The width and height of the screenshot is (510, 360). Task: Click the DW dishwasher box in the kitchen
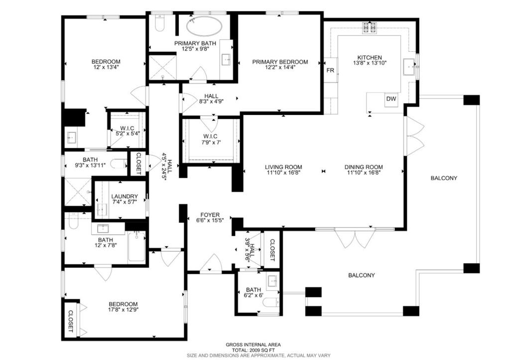391,99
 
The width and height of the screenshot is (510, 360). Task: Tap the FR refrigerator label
330,71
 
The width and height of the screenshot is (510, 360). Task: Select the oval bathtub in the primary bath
205,26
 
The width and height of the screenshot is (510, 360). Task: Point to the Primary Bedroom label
280,62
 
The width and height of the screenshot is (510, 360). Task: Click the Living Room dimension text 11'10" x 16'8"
283,173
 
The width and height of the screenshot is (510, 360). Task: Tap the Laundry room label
121,197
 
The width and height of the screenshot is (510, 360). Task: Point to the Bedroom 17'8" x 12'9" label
123,304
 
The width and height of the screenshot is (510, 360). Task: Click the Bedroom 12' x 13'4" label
106,62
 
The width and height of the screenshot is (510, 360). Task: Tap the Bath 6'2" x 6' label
253,290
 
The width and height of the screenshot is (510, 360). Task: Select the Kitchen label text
370,58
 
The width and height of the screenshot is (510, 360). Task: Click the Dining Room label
364,167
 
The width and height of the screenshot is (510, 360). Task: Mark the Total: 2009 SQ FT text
253,350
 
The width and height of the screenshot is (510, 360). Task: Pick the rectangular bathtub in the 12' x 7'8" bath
136,246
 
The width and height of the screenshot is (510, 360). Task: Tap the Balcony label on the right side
444,178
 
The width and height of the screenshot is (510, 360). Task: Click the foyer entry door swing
212,263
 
